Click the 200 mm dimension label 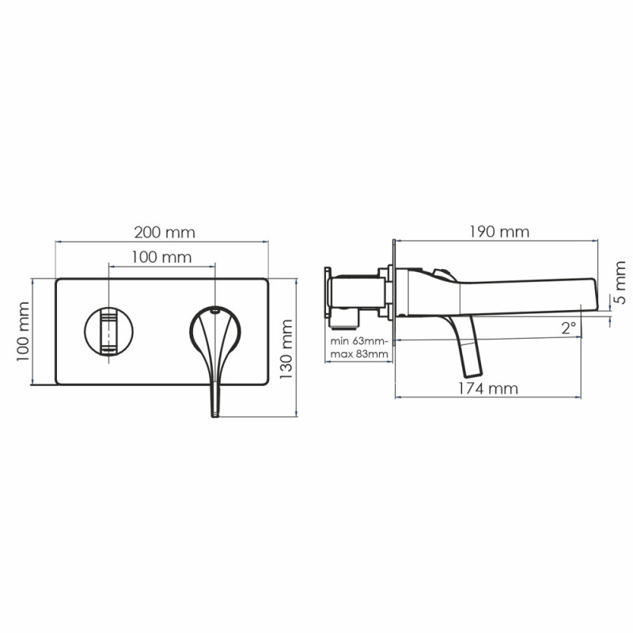(x=165, y=233)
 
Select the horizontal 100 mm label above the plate (x=161, y=257)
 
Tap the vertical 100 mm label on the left (x=23, y=332)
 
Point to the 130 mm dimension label (x=286, y=349)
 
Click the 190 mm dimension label (x=499, y=232)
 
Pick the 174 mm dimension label (x=487, y=389)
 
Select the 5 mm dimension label (x=620, y=282)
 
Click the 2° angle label (x=568, y=328)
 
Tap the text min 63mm (x=358, y=341)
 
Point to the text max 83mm (x=359, y=354)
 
